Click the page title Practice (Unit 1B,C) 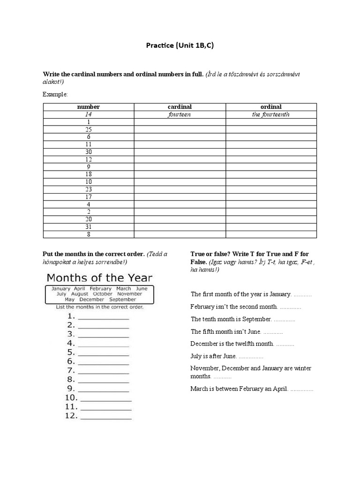(x=180, y=45)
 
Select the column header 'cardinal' (x=180, y=107)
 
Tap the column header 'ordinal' (x=271, y=107)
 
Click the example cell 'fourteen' (x=180, y=114)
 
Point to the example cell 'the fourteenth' (x=271, y=114)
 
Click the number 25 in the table (x=89, y=129)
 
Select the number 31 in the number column (x=89, y=227)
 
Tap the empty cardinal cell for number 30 (x=180, y=152)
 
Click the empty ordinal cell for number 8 (x=271, y=234)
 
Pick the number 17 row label (x=89, y=197)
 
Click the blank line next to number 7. (x=104, y=373)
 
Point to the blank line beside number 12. (x=106, y=417)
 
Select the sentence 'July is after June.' (x=214, y=356)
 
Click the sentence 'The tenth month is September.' (x=231, y=319)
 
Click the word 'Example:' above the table (x=55, y=95)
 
